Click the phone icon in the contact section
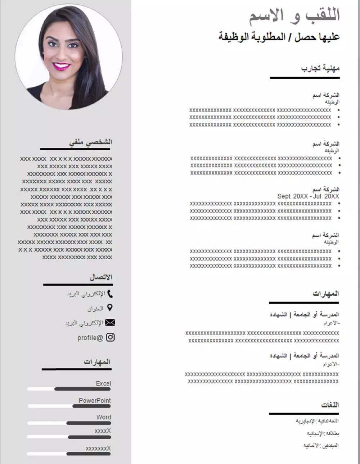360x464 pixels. coord(110,294)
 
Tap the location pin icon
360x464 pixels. coord(110,308)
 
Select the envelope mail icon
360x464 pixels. coord(110,322)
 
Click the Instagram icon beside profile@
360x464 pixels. coord(111,337)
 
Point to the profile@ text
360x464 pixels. coord(90,338)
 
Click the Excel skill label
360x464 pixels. coord(103,383)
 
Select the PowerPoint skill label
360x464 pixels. coord(95,400)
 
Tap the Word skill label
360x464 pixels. coord(104,417)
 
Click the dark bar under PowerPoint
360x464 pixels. coord(91,406)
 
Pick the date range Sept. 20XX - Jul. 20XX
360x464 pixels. coord(308,196)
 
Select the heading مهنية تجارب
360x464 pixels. coord(320,68)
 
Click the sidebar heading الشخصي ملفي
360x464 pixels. coord(90,142)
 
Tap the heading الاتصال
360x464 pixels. coord(101,277)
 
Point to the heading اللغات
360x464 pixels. coord(330,405)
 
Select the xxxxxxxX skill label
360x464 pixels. coord(98,449)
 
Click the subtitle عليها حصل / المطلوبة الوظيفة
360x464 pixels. coord(279,37)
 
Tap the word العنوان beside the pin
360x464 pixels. coord(95,309)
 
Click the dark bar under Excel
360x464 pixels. coord(82,389)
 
